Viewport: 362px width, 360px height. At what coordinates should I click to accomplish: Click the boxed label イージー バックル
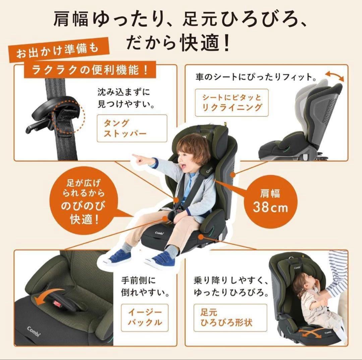[x=144, y=317]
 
